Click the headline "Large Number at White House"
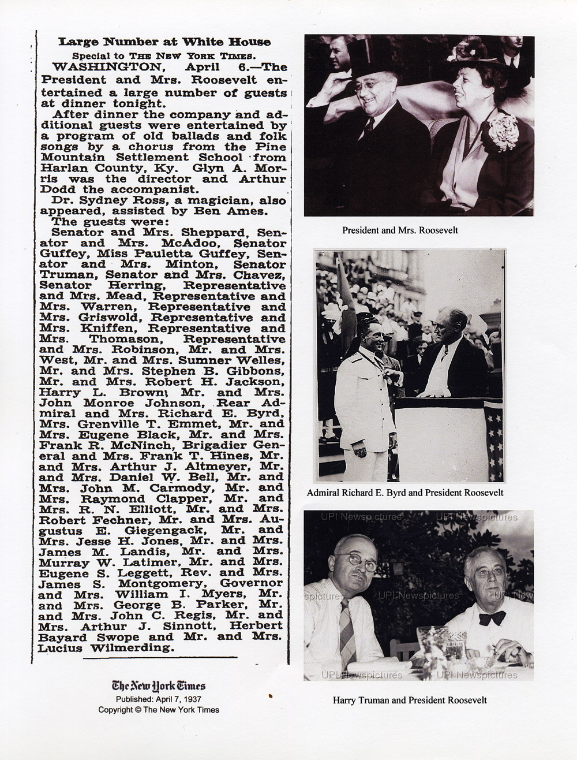coord(164,42)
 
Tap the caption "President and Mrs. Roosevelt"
coord(400,230)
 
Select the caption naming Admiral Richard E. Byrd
coord(405,493)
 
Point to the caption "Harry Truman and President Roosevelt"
coord(410,700)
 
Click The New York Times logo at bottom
coord(159,686)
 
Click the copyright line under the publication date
coord(159,710)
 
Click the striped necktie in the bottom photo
coord(347,629)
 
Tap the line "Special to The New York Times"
coord(163,55)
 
